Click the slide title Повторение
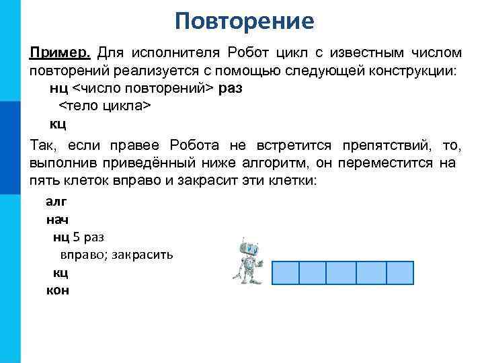pyautogui.click(x=244, y=22)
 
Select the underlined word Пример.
pyautogui.click(x=58, y=52)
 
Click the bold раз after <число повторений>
pyautogui.click(x=231, y=89)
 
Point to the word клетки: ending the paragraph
pyautogui.click(x=290, y=182)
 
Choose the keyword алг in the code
pyautogui.click(x=56, y=201)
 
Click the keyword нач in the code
pyautogui.click(x=57, y=219)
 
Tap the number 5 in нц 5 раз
pyautogui.click(x=76, y=237)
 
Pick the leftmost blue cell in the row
pyautogui.click(x=285, y=273)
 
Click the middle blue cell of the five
pyautogui.click(x=341, y=273)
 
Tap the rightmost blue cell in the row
pyautogui.click(x=400, y=273)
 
